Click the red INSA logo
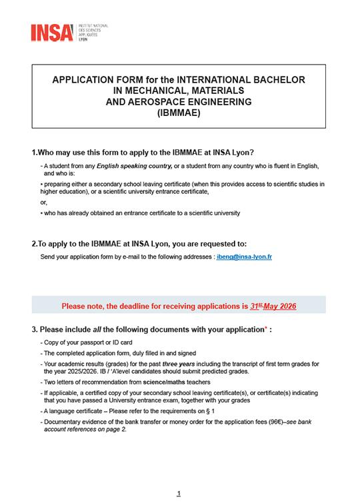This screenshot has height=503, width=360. pos(52,32)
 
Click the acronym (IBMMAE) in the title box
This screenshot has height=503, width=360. pos(178,113)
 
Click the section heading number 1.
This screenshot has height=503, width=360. pos(34,152)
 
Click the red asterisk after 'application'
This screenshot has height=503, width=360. pos(266,328)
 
